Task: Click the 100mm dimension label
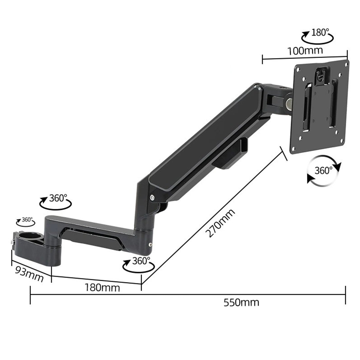305,51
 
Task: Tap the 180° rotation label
320,32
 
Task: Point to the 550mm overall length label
241,302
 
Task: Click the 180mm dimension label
102,288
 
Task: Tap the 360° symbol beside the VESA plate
323,170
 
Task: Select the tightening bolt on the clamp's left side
12,242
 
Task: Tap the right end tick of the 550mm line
346,295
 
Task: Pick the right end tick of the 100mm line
347,54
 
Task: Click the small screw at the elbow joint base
150,244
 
